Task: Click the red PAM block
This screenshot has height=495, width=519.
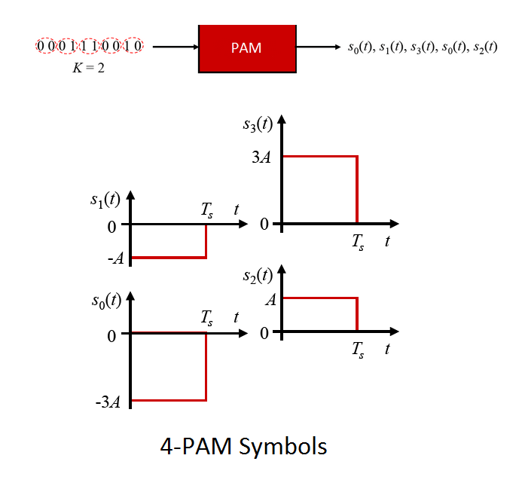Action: pyautogui.click(x=246, y=47)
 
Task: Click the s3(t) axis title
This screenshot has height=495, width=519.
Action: pyautogui.click(x=258, y=125)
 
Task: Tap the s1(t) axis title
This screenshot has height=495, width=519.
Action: pyautogui.click(x=105, y=200)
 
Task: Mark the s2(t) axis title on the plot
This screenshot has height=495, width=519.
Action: pyautogui.click(x=258, y=276)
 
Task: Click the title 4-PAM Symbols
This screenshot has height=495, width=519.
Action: pyautogui.click(x=243, y=446)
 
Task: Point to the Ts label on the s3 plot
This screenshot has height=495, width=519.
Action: pyautogui.click(x=358, y=242)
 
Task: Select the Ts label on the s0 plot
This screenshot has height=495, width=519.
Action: pyautogui.click(x=206, y=318)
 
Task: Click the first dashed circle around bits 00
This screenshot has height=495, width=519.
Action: pyautogui.click(x=46, y=47)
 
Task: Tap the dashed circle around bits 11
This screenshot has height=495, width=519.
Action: pyautogui.click(x=90, y=47)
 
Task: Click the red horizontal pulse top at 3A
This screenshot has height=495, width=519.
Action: pyautogui.click(x=319, y=156)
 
